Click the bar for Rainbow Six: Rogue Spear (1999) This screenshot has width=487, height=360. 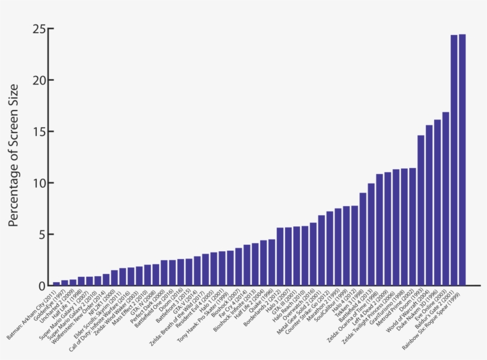coord(462,160)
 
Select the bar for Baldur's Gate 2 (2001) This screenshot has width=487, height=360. coord(454,160)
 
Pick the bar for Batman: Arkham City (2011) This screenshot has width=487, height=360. coord(56,283)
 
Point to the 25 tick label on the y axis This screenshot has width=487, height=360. coord(39,29)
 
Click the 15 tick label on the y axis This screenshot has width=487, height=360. coord(39,131)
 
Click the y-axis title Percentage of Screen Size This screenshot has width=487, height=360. coord(14,156)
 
